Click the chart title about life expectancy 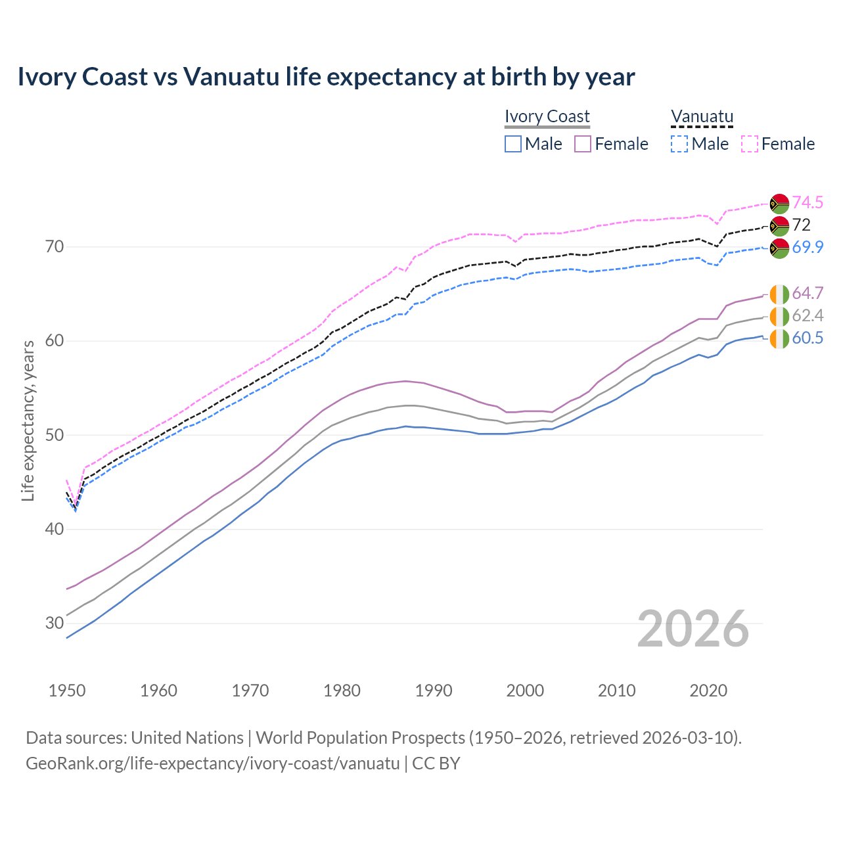click(x=326, y=77)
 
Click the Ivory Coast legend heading click(x=547, y=116)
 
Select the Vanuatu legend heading click(x=702, y=116)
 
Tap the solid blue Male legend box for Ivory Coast click(x=513, y=144)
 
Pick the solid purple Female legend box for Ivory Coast click(x=583, y=144)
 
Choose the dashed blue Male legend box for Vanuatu click(x=679, y=144)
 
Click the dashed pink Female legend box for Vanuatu click(x=750, y=144)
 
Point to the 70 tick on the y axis click(x=55, y=247)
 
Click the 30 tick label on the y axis click(x=55, y=623)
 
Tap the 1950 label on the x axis click(x=67, y=691)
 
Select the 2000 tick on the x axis click(x=526, y=691)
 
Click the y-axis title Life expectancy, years click(x=28, y=420)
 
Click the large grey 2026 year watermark click(x=693, y=629)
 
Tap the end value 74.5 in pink click(x=807, y=202)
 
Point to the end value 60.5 click(x=807, y=338)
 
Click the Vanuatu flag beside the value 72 click(x=779, y=225)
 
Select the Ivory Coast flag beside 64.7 click(x=779, y=294)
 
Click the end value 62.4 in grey click(x=807, y=316)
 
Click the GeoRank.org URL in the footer click(x=212, y=763)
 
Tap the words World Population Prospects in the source click(x=360, y=738)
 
